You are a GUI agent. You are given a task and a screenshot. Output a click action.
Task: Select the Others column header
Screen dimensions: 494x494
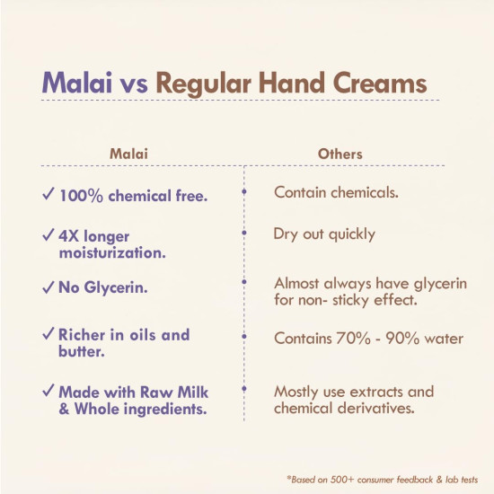(x=340, y=154)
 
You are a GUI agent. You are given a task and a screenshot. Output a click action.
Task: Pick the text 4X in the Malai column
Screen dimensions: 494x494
(x=72, y=236)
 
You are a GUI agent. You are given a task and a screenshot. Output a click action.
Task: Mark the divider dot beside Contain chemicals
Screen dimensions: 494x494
(x=244, y=192)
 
